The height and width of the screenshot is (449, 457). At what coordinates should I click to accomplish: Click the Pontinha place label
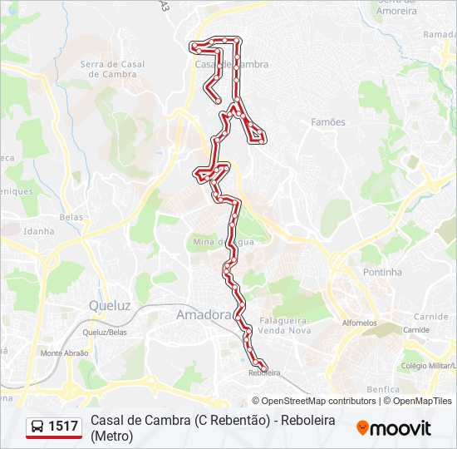382,272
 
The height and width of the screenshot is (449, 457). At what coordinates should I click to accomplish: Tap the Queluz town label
110,305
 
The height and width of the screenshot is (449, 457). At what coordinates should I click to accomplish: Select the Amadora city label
203,314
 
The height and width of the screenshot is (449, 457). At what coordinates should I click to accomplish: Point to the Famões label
327,122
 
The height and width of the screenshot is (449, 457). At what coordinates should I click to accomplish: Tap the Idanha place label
39,231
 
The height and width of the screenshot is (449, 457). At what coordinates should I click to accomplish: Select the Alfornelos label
359,323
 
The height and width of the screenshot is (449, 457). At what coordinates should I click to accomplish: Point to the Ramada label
440,35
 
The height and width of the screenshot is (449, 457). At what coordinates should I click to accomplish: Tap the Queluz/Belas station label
106,331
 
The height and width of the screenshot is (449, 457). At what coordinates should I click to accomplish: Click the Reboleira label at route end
263,373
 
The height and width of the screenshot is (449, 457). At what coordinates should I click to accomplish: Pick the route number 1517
64,427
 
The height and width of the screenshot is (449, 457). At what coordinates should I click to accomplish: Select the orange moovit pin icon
363,428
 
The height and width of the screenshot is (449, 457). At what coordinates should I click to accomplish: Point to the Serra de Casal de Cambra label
112,69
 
